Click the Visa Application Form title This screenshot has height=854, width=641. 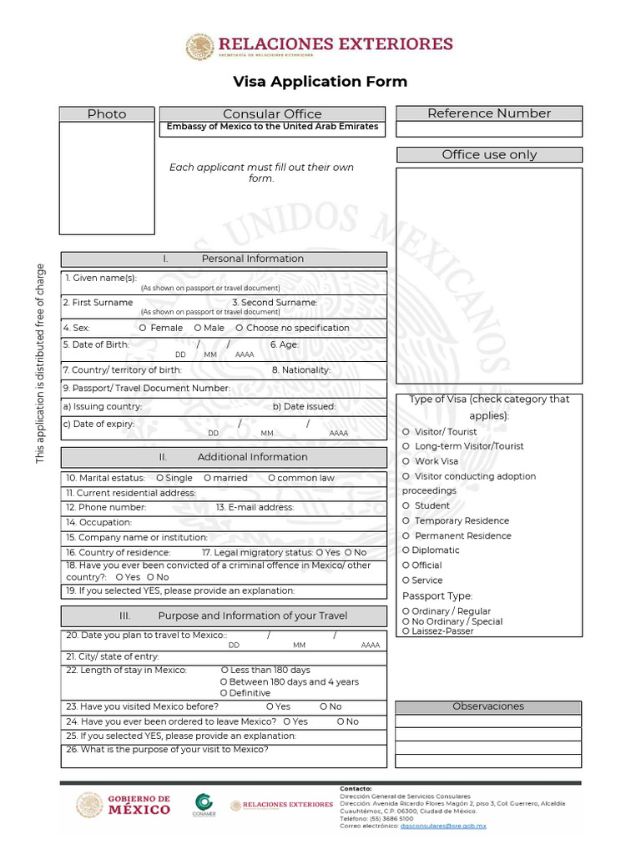click(x=320, y=81)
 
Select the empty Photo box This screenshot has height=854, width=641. click(x=107, y=178)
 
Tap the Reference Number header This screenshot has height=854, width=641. click(x=488, y=113)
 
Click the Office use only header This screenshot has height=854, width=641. click(x=488, y=154)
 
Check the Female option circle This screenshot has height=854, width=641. click(x=144, y=328)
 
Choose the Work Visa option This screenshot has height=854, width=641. click(x=406, y=461)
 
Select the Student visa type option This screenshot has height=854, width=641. click(x=406, y=505)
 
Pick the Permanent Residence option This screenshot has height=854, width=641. click(x=406, y=535)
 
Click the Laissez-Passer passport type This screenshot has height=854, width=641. click(x=406, y=631)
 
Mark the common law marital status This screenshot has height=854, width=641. click(x=272, y=478)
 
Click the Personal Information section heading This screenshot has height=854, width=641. click(x=224, y=259)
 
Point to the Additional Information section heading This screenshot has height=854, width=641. click(x=224, y=457)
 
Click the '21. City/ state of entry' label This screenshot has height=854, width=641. click(x=113, y=657)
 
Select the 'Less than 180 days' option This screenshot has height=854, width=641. click(x=225, y=670)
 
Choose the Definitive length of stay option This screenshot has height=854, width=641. click(x=224, y=693)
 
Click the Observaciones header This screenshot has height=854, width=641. click(x=488, y=706)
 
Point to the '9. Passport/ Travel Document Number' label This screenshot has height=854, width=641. click(x=146, y=388)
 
